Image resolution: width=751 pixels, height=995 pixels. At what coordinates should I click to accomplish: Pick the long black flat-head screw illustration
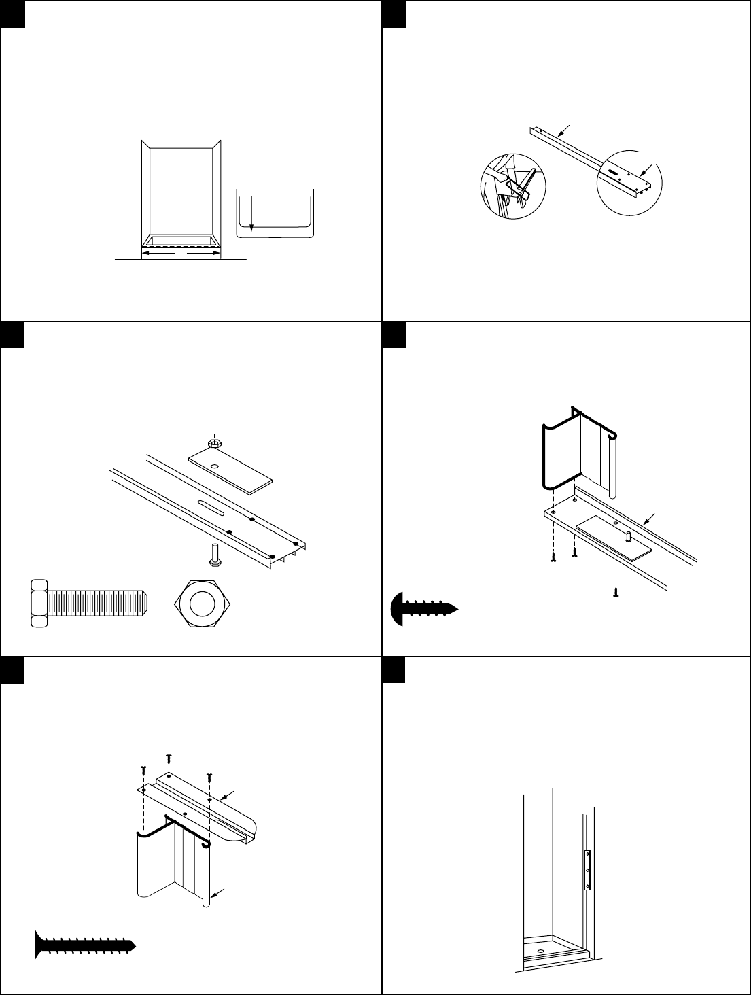click(86, 944)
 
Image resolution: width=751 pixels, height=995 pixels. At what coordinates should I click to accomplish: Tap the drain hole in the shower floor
click(540, 951)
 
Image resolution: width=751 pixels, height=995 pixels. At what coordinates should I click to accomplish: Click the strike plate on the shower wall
click(588, 870)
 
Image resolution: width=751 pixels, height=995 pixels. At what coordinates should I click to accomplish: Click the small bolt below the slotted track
click(215, 553)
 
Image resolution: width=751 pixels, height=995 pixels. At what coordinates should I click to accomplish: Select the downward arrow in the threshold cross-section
click(251, 212)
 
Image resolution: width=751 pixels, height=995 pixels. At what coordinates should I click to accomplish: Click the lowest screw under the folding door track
click(616, 591)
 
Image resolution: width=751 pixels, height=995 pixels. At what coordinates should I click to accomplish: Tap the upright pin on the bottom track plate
click(629, 536)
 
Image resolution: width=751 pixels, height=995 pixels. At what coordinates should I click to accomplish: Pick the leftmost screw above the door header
click(143, 770)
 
